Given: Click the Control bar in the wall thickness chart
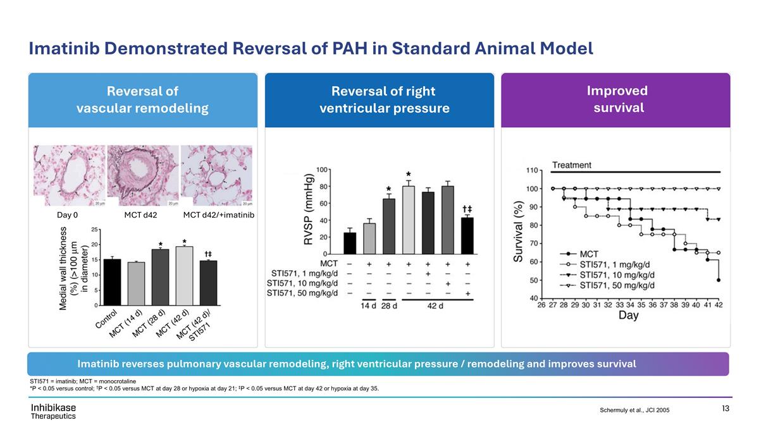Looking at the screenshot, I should coord(112,282).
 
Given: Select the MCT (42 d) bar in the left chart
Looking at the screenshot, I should coord(183,276).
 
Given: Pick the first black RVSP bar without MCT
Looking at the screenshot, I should coord(349,244).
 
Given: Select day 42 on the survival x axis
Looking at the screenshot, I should coord(719,305).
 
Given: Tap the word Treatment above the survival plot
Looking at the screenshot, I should coord(572,165).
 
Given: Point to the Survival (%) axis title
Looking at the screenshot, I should coord(518,232).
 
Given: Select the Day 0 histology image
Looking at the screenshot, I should coord(68,175).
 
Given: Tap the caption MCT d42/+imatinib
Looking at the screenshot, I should coord(218,215).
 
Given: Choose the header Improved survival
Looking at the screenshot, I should coord(616,99).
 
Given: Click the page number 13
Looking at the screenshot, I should coord(725,409).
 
